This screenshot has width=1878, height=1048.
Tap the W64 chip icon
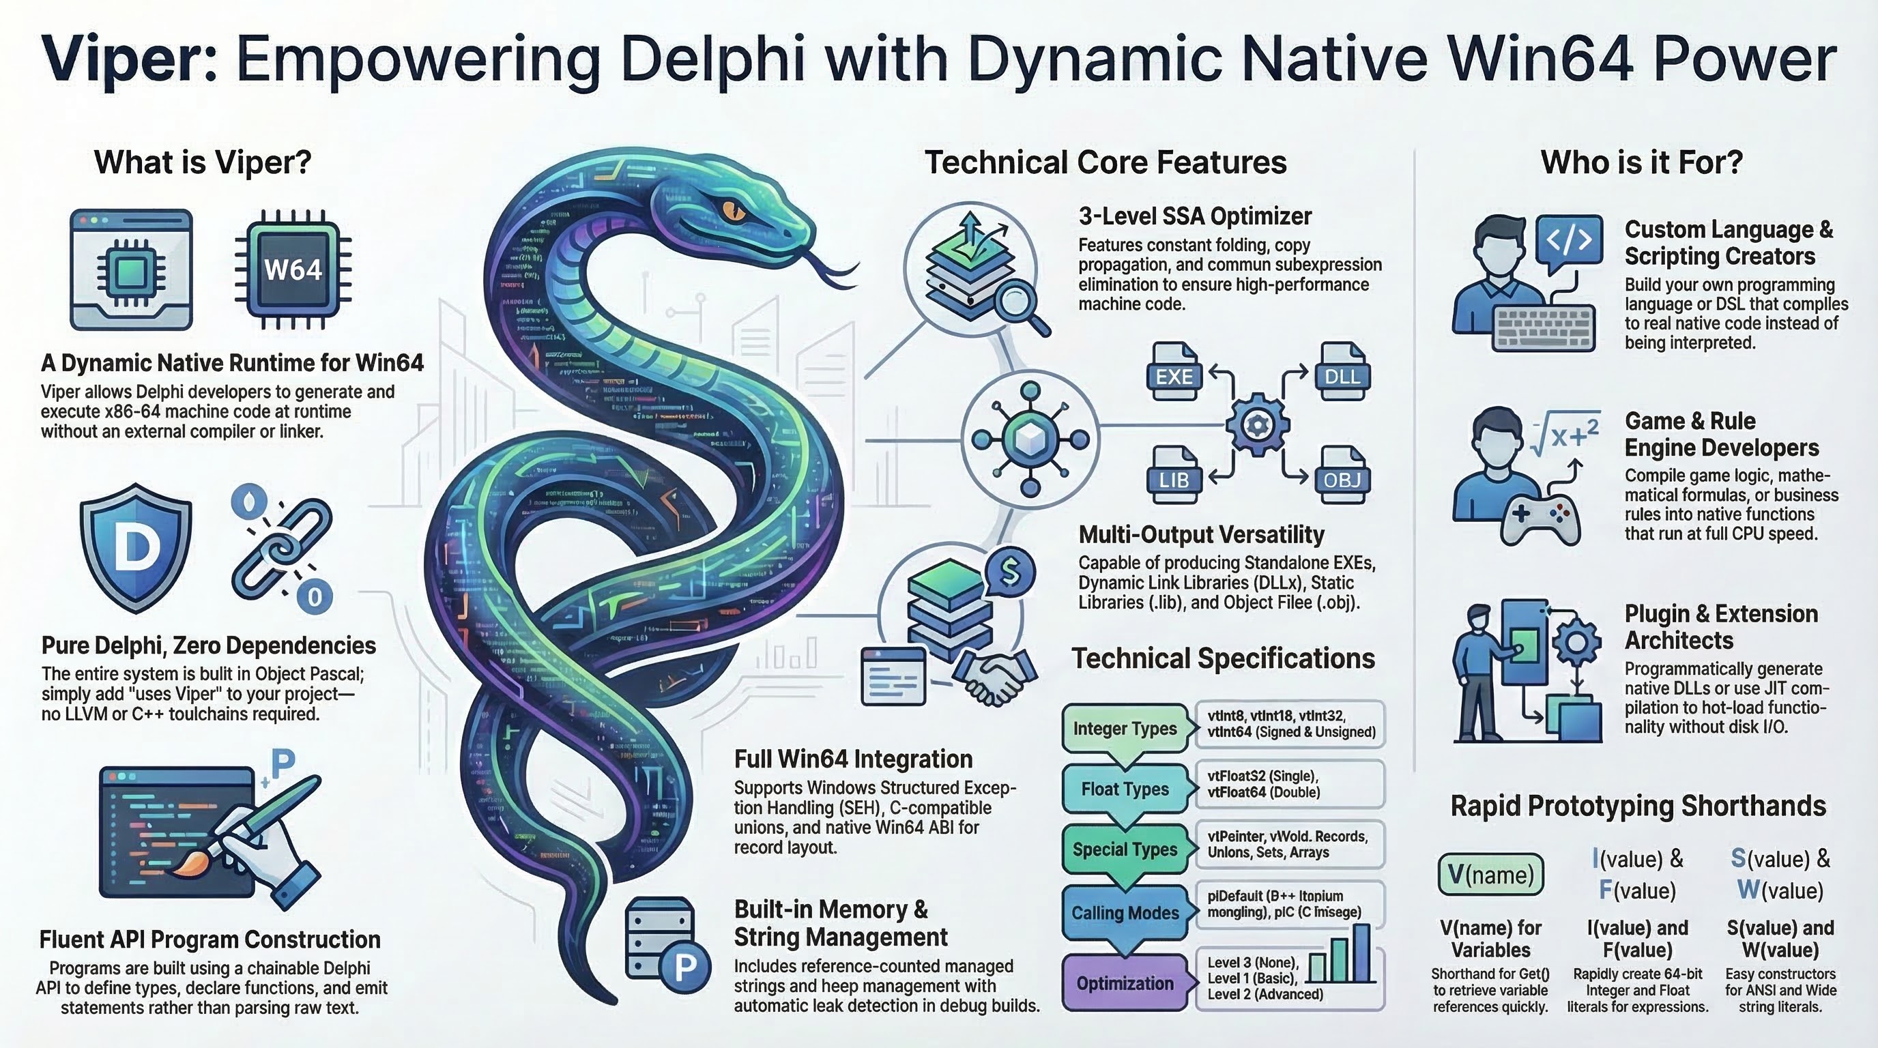(292, 270)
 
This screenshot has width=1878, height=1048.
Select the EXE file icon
(1174, 373)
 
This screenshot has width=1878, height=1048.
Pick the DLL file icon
(1342, 373)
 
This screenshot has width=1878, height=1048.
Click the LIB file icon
(1174, 477)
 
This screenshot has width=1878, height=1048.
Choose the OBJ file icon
(1342, 477)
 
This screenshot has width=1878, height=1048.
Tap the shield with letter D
(136, 547)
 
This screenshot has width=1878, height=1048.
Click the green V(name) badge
(1491, 874)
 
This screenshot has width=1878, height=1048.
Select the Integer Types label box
(1125, 728)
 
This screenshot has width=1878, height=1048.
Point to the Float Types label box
(1125, 789)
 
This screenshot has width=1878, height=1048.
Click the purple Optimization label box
(1125, 982)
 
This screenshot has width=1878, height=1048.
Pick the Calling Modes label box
(1125, 912)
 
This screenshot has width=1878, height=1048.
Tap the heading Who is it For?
(1641, 162)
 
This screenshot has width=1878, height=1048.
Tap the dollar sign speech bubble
(1010, 571)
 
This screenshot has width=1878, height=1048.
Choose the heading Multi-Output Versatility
(1201, 534)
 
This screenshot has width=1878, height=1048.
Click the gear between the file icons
(1258, 424)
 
